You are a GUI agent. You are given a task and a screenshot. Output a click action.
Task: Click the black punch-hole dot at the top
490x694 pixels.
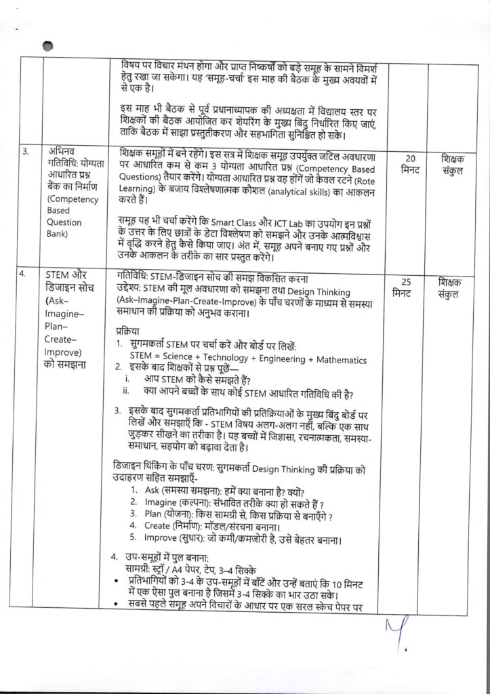[x=47, y=46]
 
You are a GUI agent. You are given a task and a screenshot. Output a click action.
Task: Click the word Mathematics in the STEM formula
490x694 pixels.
[x=335, y=360]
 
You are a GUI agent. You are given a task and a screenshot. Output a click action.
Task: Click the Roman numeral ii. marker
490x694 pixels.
[x=126, y=391]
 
